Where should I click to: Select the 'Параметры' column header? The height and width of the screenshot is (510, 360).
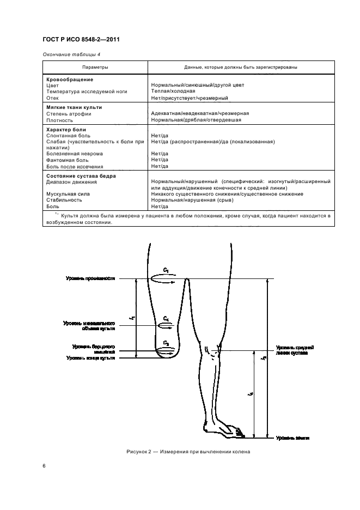[95, 67]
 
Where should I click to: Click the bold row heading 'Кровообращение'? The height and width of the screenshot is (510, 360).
[68, 79]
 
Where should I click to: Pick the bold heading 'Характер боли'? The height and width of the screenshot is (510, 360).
[66, 130]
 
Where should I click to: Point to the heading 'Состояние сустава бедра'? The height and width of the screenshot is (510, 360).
[81, 176]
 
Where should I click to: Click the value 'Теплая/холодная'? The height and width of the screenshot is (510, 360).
[173, 91]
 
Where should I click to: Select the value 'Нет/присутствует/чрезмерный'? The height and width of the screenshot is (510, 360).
[189, 98]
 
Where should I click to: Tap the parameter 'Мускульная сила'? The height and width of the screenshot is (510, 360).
[68, 194]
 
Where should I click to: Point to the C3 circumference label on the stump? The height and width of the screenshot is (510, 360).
[166, 343]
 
